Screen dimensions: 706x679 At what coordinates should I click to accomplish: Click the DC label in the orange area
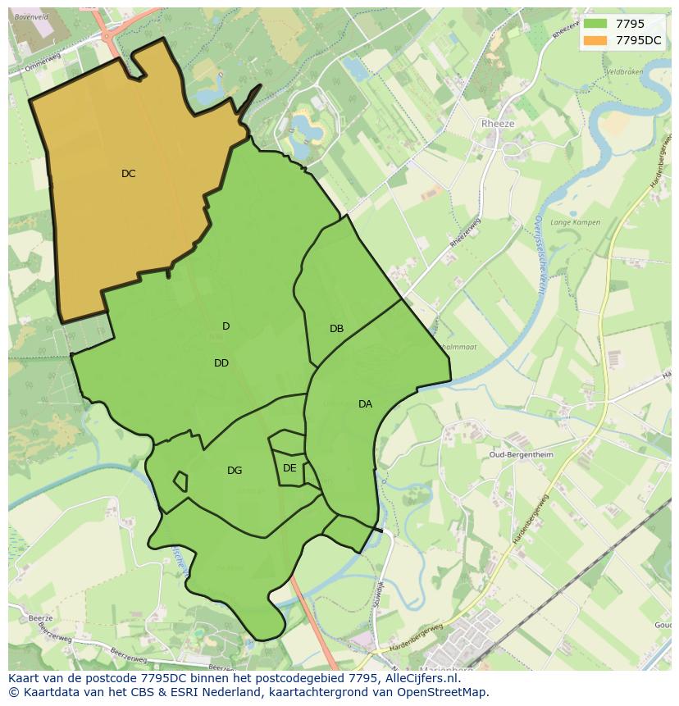point(129,174)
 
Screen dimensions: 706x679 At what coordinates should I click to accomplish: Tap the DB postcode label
point(336,329)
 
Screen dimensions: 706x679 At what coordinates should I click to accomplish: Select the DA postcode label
point(365,404)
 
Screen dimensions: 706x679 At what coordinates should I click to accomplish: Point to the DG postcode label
point(235,471)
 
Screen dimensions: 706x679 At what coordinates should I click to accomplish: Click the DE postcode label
point(289,468)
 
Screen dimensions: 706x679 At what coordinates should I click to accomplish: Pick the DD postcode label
point(221,363)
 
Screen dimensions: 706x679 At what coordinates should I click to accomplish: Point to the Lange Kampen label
point(575,222)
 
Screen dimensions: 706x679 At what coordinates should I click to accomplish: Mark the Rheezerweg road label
point(465,232)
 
